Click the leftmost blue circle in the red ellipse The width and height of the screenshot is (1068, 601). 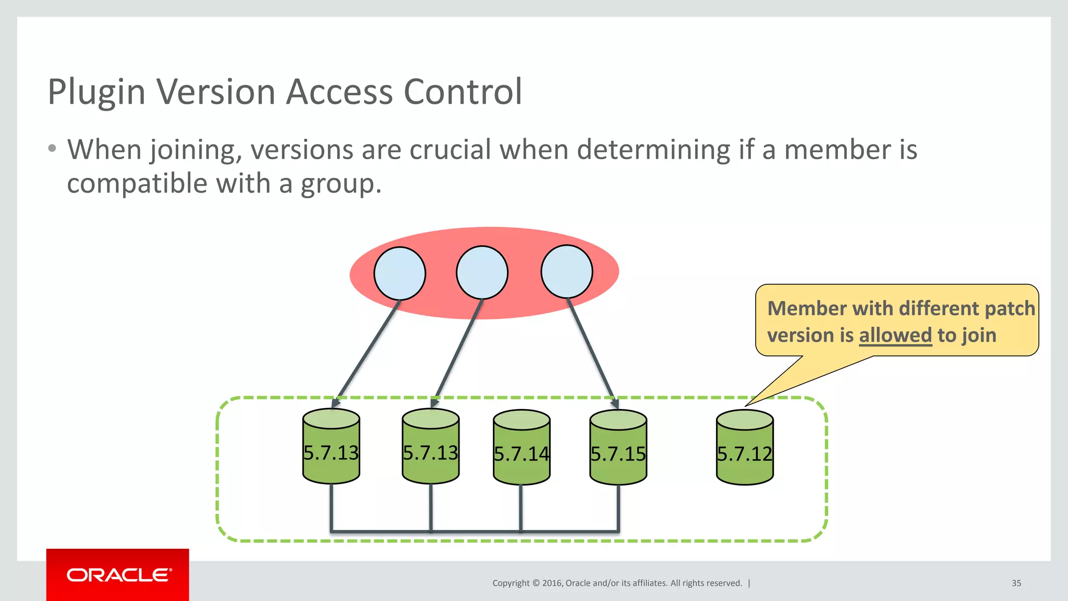click(x=399, y=273)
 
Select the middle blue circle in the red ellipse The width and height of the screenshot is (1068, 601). click(x=482, y=272)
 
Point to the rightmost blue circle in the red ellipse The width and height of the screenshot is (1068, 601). click(x=566, y=272)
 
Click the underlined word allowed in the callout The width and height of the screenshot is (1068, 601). click(x=895, y=335)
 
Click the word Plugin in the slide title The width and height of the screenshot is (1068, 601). click(x=96, y=92)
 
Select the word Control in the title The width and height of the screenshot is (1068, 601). click(x=463, y=92)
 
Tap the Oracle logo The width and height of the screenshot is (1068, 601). click(x=118, y=575)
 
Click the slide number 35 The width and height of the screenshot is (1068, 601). click(x=1016, y=583)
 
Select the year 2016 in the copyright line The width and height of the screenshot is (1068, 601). click(x=552, y=583)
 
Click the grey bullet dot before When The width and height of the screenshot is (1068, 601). click(x=52, y=149)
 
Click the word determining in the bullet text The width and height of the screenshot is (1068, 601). click(x=654, y=150)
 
